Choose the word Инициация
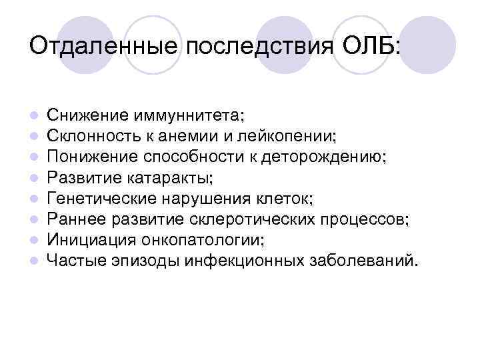(x=84, y=240)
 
